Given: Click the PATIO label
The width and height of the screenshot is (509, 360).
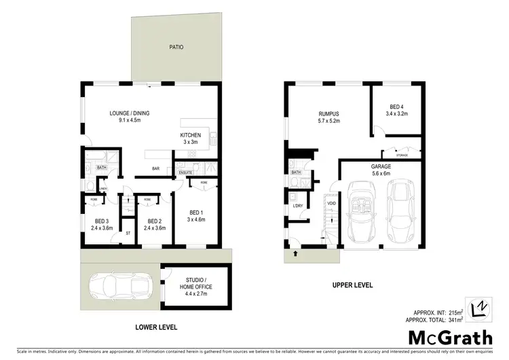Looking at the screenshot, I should click(x=177, y=48).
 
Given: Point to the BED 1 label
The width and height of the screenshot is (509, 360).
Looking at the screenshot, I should click(x=196, y=215).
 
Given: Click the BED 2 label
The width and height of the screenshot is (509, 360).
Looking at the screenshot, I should click(x=155, y=223).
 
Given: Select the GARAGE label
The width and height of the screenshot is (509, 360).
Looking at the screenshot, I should click(x=380, y=169).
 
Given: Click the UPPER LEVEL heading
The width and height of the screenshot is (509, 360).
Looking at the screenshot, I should click(x=352, y=285).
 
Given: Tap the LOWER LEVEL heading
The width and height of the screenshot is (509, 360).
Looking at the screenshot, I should click(x=155, y=327).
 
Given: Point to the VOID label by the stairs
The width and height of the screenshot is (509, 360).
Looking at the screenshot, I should click(x=332, y=203).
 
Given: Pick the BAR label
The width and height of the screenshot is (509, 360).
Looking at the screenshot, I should click(x=155, y=168).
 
